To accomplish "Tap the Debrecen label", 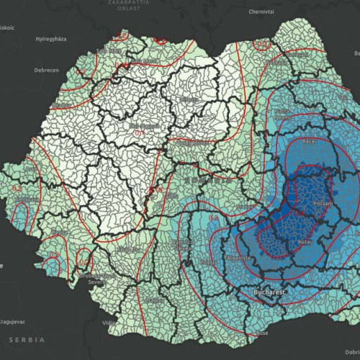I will (27, 71).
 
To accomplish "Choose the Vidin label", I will (108, 323).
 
